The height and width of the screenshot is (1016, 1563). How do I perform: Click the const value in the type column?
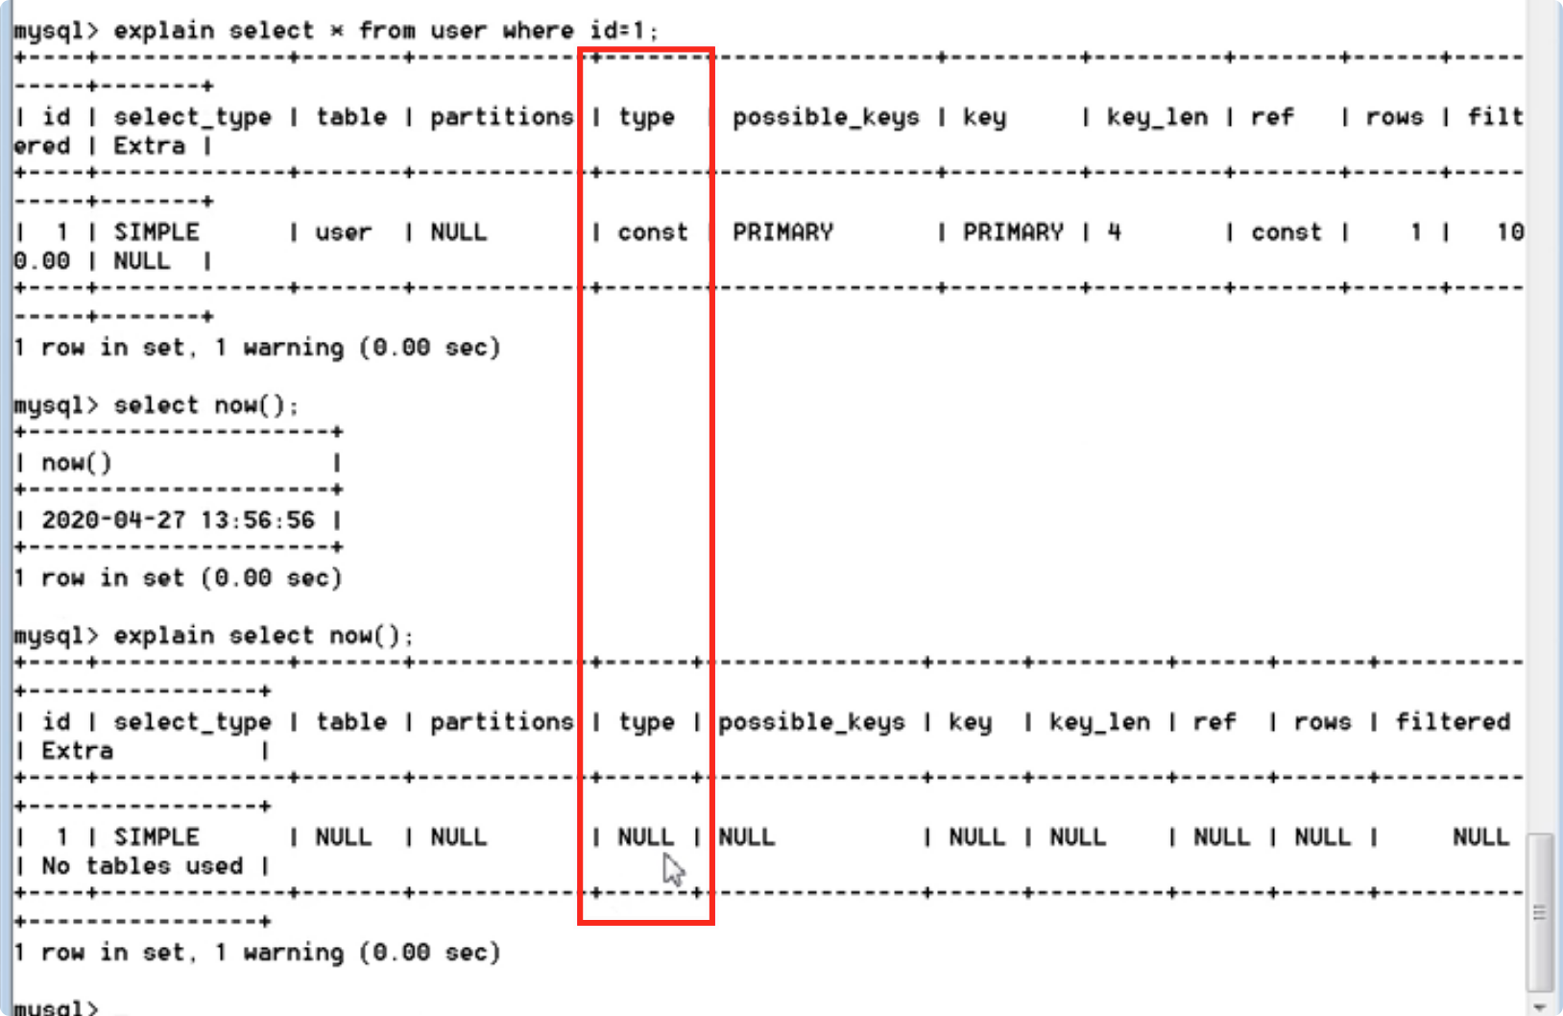tap(653, 232)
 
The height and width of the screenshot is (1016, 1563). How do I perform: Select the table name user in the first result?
tap(343, 232)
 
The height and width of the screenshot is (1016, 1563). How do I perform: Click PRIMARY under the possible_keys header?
tap(782, 232)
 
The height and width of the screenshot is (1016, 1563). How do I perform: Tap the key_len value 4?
tap(1114, 232)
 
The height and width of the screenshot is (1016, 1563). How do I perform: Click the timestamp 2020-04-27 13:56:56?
tap(178, 520)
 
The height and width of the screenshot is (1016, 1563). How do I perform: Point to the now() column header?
tap(77, 463)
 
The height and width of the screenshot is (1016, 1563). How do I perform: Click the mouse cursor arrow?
tap(673, 871)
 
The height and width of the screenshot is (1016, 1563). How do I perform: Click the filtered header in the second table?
tap(1453, 722)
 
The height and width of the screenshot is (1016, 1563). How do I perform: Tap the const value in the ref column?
tap(1286, 232)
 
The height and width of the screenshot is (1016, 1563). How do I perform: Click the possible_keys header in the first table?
tap(826, 117)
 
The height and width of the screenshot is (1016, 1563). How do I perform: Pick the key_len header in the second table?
tap(1099, 722)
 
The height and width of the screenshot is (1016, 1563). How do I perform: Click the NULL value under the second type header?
tap(645, 837)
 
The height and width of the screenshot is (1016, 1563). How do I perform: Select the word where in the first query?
tap(538, 31)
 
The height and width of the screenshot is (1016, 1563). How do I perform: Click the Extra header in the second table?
tap(77, 751)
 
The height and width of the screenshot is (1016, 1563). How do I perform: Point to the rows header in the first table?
tap(1394, 117)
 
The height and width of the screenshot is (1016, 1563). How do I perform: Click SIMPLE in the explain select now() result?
tap(156, 837)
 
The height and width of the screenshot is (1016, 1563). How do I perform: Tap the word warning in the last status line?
tap(293, 953)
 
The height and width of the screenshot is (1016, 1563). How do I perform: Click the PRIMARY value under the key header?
tap(1013, 232)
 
